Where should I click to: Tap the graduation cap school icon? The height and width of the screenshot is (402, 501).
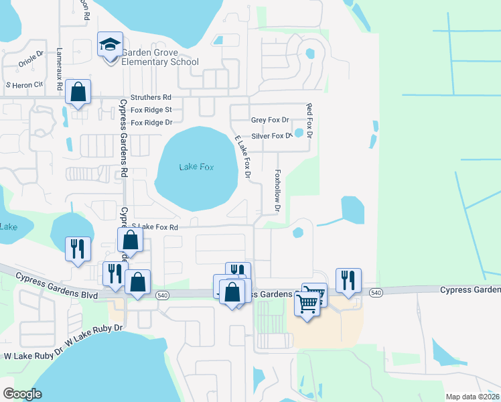(x=110, y=46)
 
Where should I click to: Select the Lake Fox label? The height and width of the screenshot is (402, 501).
(x=196, y=166)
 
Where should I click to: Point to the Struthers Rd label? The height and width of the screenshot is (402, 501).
(x=151, y=97)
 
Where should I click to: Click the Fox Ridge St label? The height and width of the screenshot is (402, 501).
(x=151, y=109)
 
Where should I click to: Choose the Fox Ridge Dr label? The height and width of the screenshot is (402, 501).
(x=151, y=123)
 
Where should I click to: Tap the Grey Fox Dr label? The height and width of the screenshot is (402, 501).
(x=270, y=120)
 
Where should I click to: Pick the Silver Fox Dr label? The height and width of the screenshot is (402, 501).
(x=272, y=136)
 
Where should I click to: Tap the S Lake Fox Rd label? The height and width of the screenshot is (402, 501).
(x=155, y=227)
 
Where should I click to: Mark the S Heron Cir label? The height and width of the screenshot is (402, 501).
(x=24, y=85)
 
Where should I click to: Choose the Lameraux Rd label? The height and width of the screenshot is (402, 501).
(x=60, y=63)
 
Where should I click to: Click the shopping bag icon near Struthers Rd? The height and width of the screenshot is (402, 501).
(x=78, y=92)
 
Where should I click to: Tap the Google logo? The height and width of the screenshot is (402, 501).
(x=22, y=394)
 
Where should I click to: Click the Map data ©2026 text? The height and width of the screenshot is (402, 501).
(x=472, y=397)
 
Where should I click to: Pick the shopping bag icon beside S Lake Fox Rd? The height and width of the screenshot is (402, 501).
(x=131, y=240)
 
